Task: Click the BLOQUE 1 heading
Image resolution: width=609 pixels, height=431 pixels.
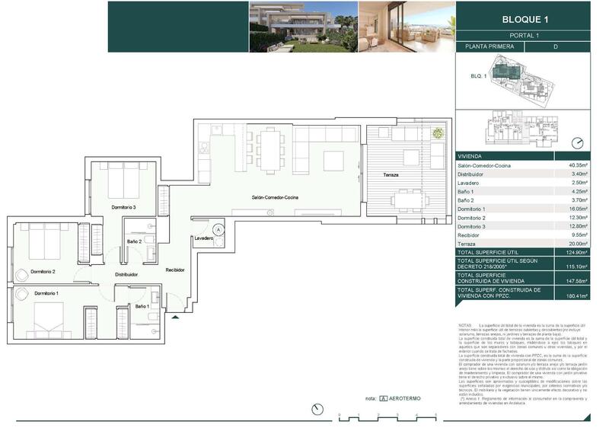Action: tap(523, 19)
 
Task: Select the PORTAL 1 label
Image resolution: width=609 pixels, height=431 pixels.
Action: tap(523, 36)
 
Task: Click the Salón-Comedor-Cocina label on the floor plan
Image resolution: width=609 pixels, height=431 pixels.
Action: tap(276, 198)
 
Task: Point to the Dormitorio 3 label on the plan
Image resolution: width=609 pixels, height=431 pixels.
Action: tap(123, 207)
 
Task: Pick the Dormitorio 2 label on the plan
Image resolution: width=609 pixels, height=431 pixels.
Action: tap(43, 271)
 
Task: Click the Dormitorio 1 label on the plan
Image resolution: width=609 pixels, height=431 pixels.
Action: tap(46, 293)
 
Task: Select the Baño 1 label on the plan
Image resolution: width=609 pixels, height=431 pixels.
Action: tap(142, 306)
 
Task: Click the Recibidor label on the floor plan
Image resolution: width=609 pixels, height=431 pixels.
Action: tap(176, 270)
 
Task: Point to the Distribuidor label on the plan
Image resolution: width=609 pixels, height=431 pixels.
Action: tap(126, 274)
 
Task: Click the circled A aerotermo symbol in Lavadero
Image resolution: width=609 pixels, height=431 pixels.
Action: tap(218, 228)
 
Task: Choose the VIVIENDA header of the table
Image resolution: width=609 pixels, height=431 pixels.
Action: tap(472, 155)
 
